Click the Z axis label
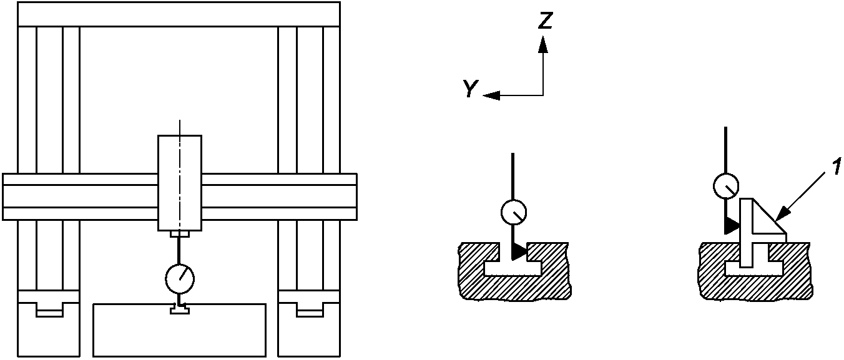tap(546, 21)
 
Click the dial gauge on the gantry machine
tap(180, 279)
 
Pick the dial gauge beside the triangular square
tap(725, 185)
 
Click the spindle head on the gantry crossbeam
tap(179, 183)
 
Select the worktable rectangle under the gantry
tap(179, 331)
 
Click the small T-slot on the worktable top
tap(180, 309)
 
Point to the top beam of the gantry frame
tap(179, 14)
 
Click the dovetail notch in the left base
tap(49, 309)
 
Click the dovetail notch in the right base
tap(309, 309)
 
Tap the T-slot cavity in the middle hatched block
tap(513, 268)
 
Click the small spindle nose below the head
tap(179, 235)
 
